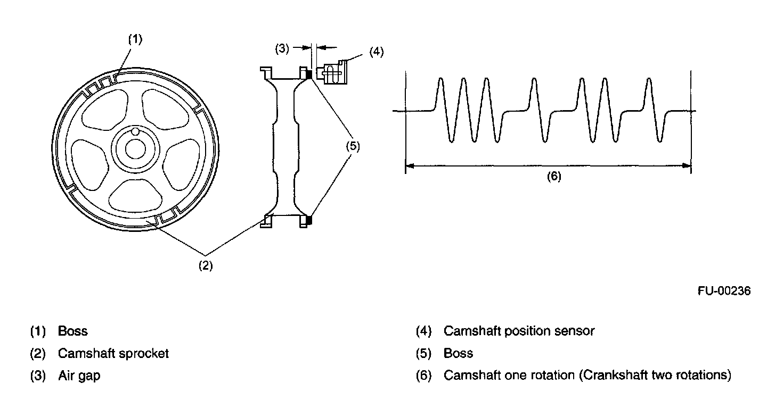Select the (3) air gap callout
(282, 48)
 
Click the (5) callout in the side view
(352, 147)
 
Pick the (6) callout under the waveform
(554, 177)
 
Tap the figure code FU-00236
(725, 291)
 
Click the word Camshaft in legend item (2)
(83, 353)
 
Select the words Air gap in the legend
(79, 376)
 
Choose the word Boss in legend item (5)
(458, 353)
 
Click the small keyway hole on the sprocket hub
(135, 131)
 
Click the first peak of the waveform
(440, 80)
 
